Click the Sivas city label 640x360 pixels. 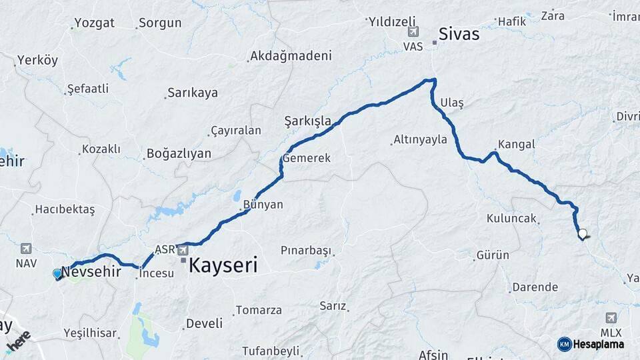pyautogui.click(x=459, y=34)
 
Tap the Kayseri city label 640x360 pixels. pyautogui.click(x=223, y=265)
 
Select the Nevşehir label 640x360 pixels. pyautogui.click(x=91, y=272)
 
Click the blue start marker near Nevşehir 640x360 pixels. pyautogui.click(x=57, y=273)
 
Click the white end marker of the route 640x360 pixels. pyautogui.click(x=583, y=234)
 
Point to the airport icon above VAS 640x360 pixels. pyautogui.click(x=413, y=32)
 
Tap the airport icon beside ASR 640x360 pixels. pyautogui.click(x=183, y=249)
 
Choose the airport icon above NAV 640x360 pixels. pyautogui.click(x=26, y=249)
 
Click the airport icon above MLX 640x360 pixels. pyautogui.click(x=611, y=318)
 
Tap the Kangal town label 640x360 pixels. pyautogui.click(x=517, y=144)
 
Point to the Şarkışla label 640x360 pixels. pyautogui.click(x=308, y=121)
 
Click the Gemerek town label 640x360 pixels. pyautogui.click(x=306, y=159)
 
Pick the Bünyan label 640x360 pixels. pyautogui.click(x=263, y=204)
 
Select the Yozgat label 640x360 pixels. pyautogui.click(x=94, y=23)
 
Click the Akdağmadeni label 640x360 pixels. pyautogui.click(x=291, y=56)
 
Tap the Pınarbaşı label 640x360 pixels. pyautogui.click(x=306, y=251)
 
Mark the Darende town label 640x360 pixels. pyautogui.click(x=535, y=287)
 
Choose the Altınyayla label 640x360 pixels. pyautogui.click(x=420, y=139)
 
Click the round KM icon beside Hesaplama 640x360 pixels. pyautogui.click(x=564, y=344)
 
